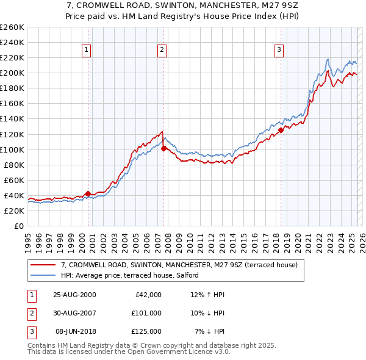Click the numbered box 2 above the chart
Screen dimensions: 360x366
coord(162,50)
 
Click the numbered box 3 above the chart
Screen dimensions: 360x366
coord(279,50)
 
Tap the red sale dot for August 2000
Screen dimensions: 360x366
coord(88,193)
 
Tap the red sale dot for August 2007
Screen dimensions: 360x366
coord(164,148)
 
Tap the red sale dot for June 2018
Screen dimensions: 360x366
coord(281,130)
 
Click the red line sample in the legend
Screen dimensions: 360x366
coord(44,265)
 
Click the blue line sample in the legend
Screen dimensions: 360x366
coord(44,275)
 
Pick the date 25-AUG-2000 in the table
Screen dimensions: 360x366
coord(74,295)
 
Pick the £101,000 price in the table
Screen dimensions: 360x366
coord(147,313)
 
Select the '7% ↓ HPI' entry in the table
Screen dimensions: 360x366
coord(210,331)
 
